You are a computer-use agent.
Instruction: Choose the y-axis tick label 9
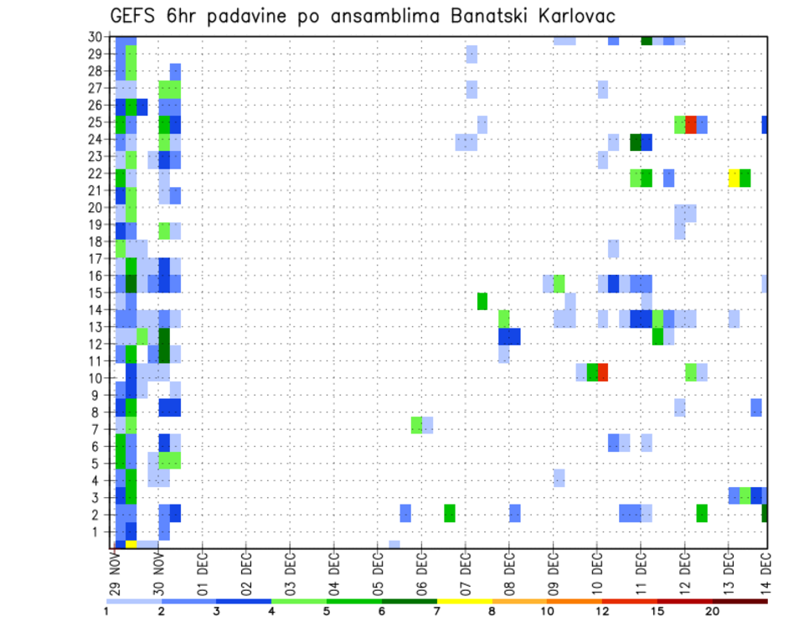(98, 395)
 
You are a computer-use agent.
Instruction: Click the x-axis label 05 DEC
(377, 570)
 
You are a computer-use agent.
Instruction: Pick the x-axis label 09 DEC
(553, 570)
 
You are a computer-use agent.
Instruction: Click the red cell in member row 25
(691, 124)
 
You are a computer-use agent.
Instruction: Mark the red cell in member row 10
(602, 371)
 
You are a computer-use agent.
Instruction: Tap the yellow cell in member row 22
(734, 178)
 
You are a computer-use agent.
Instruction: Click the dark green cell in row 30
(647, 39)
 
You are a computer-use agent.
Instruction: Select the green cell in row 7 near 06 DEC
(416, 425)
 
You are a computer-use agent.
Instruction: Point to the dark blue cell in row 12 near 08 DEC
(509, 336)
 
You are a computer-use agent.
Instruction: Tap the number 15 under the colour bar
(657, 611)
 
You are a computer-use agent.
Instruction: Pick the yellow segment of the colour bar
(463, 601)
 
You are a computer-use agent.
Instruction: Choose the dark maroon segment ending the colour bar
(740, 601)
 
